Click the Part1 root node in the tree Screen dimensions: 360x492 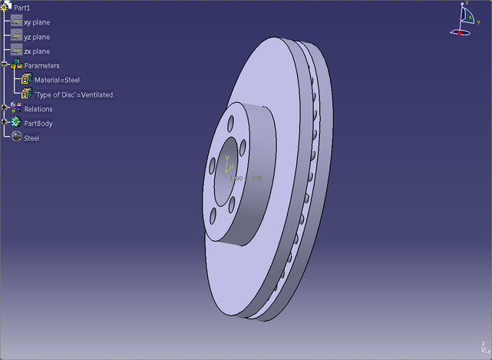[21, 7]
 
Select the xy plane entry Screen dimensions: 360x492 [36, 22]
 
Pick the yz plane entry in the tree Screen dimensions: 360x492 [36, 37]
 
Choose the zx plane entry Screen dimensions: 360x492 [36, 51]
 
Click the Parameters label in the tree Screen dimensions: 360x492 [41, 66]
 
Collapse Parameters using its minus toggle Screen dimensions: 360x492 [5, 66]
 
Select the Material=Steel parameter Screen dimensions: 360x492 [57, 80]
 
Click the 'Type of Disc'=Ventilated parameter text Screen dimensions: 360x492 [73, 95]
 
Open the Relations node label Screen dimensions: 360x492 [38, 109]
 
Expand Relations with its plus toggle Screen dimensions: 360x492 [5, 108]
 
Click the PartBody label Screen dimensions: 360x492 [38, 124]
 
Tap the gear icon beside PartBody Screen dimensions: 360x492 [16, 123]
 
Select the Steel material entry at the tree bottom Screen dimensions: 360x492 [31, 138]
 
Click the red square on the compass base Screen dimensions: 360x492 [461, 33]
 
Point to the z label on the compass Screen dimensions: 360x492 [466, 4]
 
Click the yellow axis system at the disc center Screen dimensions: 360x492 [228, 164]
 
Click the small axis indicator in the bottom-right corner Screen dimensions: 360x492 [483, 348]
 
